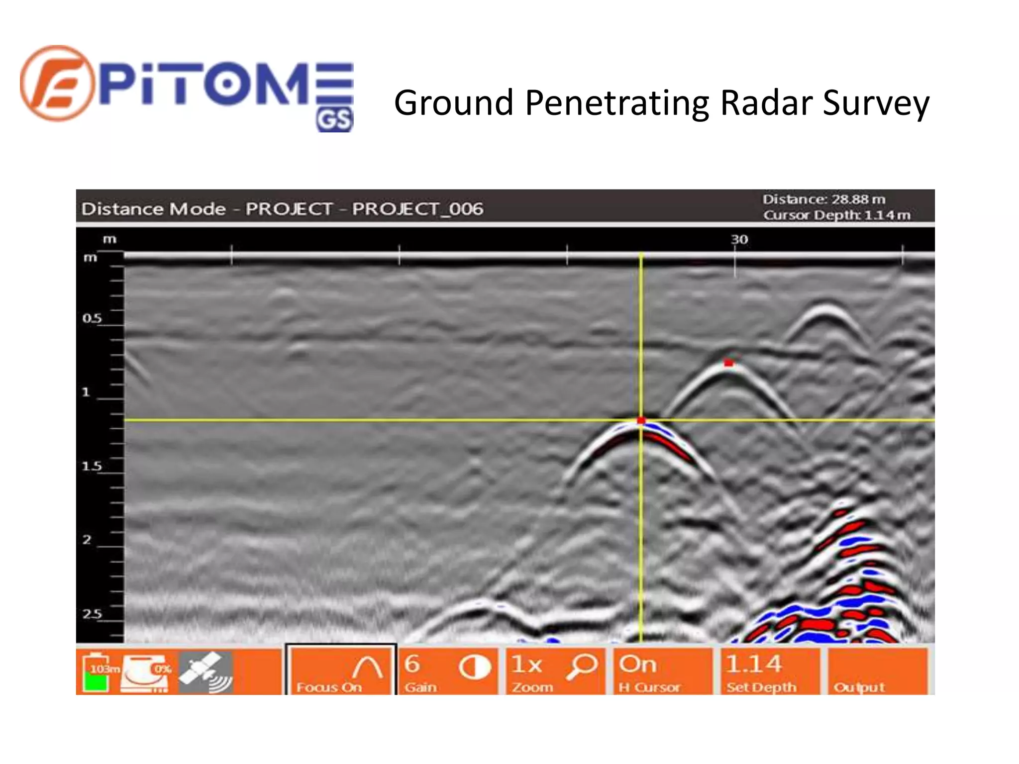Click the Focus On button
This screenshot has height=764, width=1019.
click(x=341, y=671)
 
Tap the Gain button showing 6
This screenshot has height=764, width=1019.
click(x=448, y=671)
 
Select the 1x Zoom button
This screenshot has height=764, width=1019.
click(x=555, y=671)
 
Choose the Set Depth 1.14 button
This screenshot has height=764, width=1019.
click(x=770, y=671)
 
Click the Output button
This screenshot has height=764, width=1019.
click(x=878, y=671)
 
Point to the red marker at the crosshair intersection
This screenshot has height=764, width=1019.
click(x=641, y=421)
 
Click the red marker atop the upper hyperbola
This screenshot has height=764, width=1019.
click(x=728, y=363)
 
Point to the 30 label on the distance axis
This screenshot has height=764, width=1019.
click(x=739, y=239)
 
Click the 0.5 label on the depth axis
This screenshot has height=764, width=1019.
click(x=92, y=318)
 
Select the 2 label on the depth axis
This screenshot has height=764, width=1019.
click(x=87, y=540)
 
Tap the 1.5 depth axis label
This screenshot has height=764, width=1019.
click(x=92, y=466)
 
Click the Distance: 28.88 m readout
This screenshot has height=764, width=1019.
click(x=824, y=199)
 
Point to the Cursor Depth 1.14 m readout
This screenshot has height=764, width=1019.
click(x=837, y=215)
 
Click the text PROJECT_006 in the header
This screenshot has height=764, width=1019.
click(x=417, y=208)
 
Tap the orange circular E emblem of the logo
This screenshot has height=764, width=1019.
click(x=57, y=83)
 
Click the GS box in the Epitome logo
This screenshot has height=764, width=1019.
click(x=334, y=120)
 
